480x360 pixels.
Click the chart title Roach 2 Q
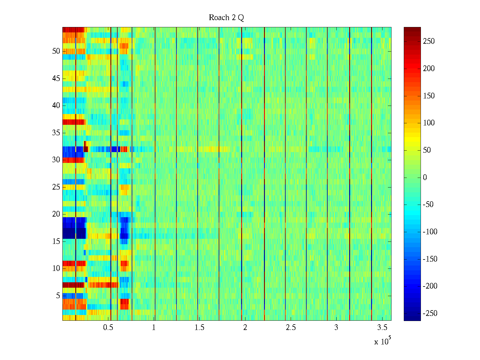(x=226, y=18)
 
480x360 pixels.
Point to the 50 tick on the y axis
(x=56, y=51)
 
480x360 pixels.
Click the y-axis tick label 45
(x=56, y=79)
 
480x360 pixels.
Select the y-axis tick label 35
(x=56, y=133)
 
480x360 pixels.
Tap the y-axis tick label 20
(x=56, y=214)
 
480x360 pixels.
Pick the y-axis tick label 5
(x=58, y=296)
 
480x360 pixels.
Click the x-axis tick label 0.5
(x=108, y=328)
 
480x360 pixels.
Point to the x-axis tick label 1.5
(x=199, y=328)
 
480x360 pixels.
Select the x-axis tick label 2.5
(x=290, y=328)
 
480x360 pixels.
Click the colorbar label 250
(x=429, y=41)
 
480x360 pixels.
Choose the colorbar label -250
(x=430, y=313)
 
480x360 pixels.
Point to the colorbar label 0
(x=424, y=178)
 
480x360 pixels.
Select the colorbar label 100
(x=429, y=123)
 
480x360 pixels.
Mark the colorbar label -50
(x=428, y=205)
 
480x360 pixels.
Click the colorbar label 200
(x=429, y=69)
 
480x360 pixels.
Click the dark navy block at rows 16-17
(x=69, y=233)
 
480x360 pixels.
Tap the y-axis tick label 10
(x=56, y=268)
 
